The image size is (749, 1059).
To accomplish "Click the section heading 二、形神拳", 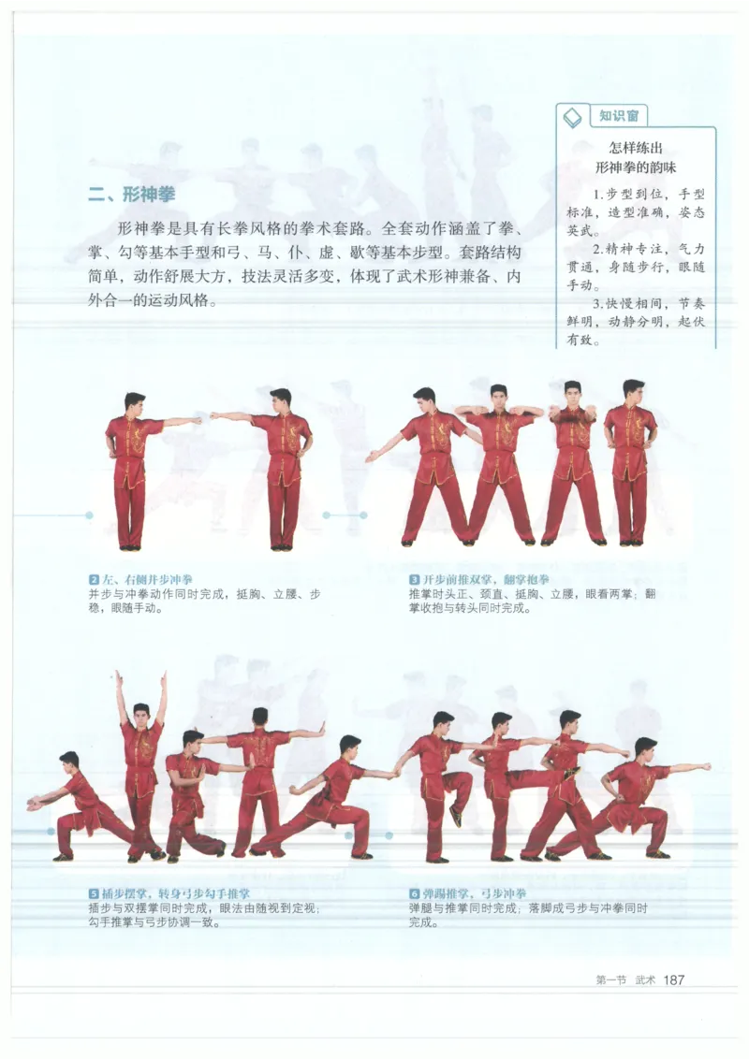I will point(131,195).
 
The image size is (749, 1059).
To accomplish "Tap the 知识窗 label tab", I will point(619,116).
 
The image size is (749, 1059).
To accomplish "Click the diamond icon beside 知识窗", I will point(571,118).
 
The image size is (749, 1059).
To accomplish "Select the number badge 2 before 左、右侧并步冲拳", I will point(94,580).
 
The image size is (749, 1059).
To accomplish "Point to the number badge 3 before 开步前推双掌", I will point(414,580).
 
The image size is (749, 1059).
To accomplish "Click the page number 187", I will point(674,979).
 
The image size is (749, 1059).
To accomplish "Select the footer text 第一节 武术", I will point(625,980).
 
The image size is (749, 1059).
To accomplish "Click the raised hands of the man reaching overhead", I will point(140,676).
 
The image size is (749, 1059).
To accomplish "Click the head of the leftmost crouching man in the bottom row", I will point(68,760).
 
